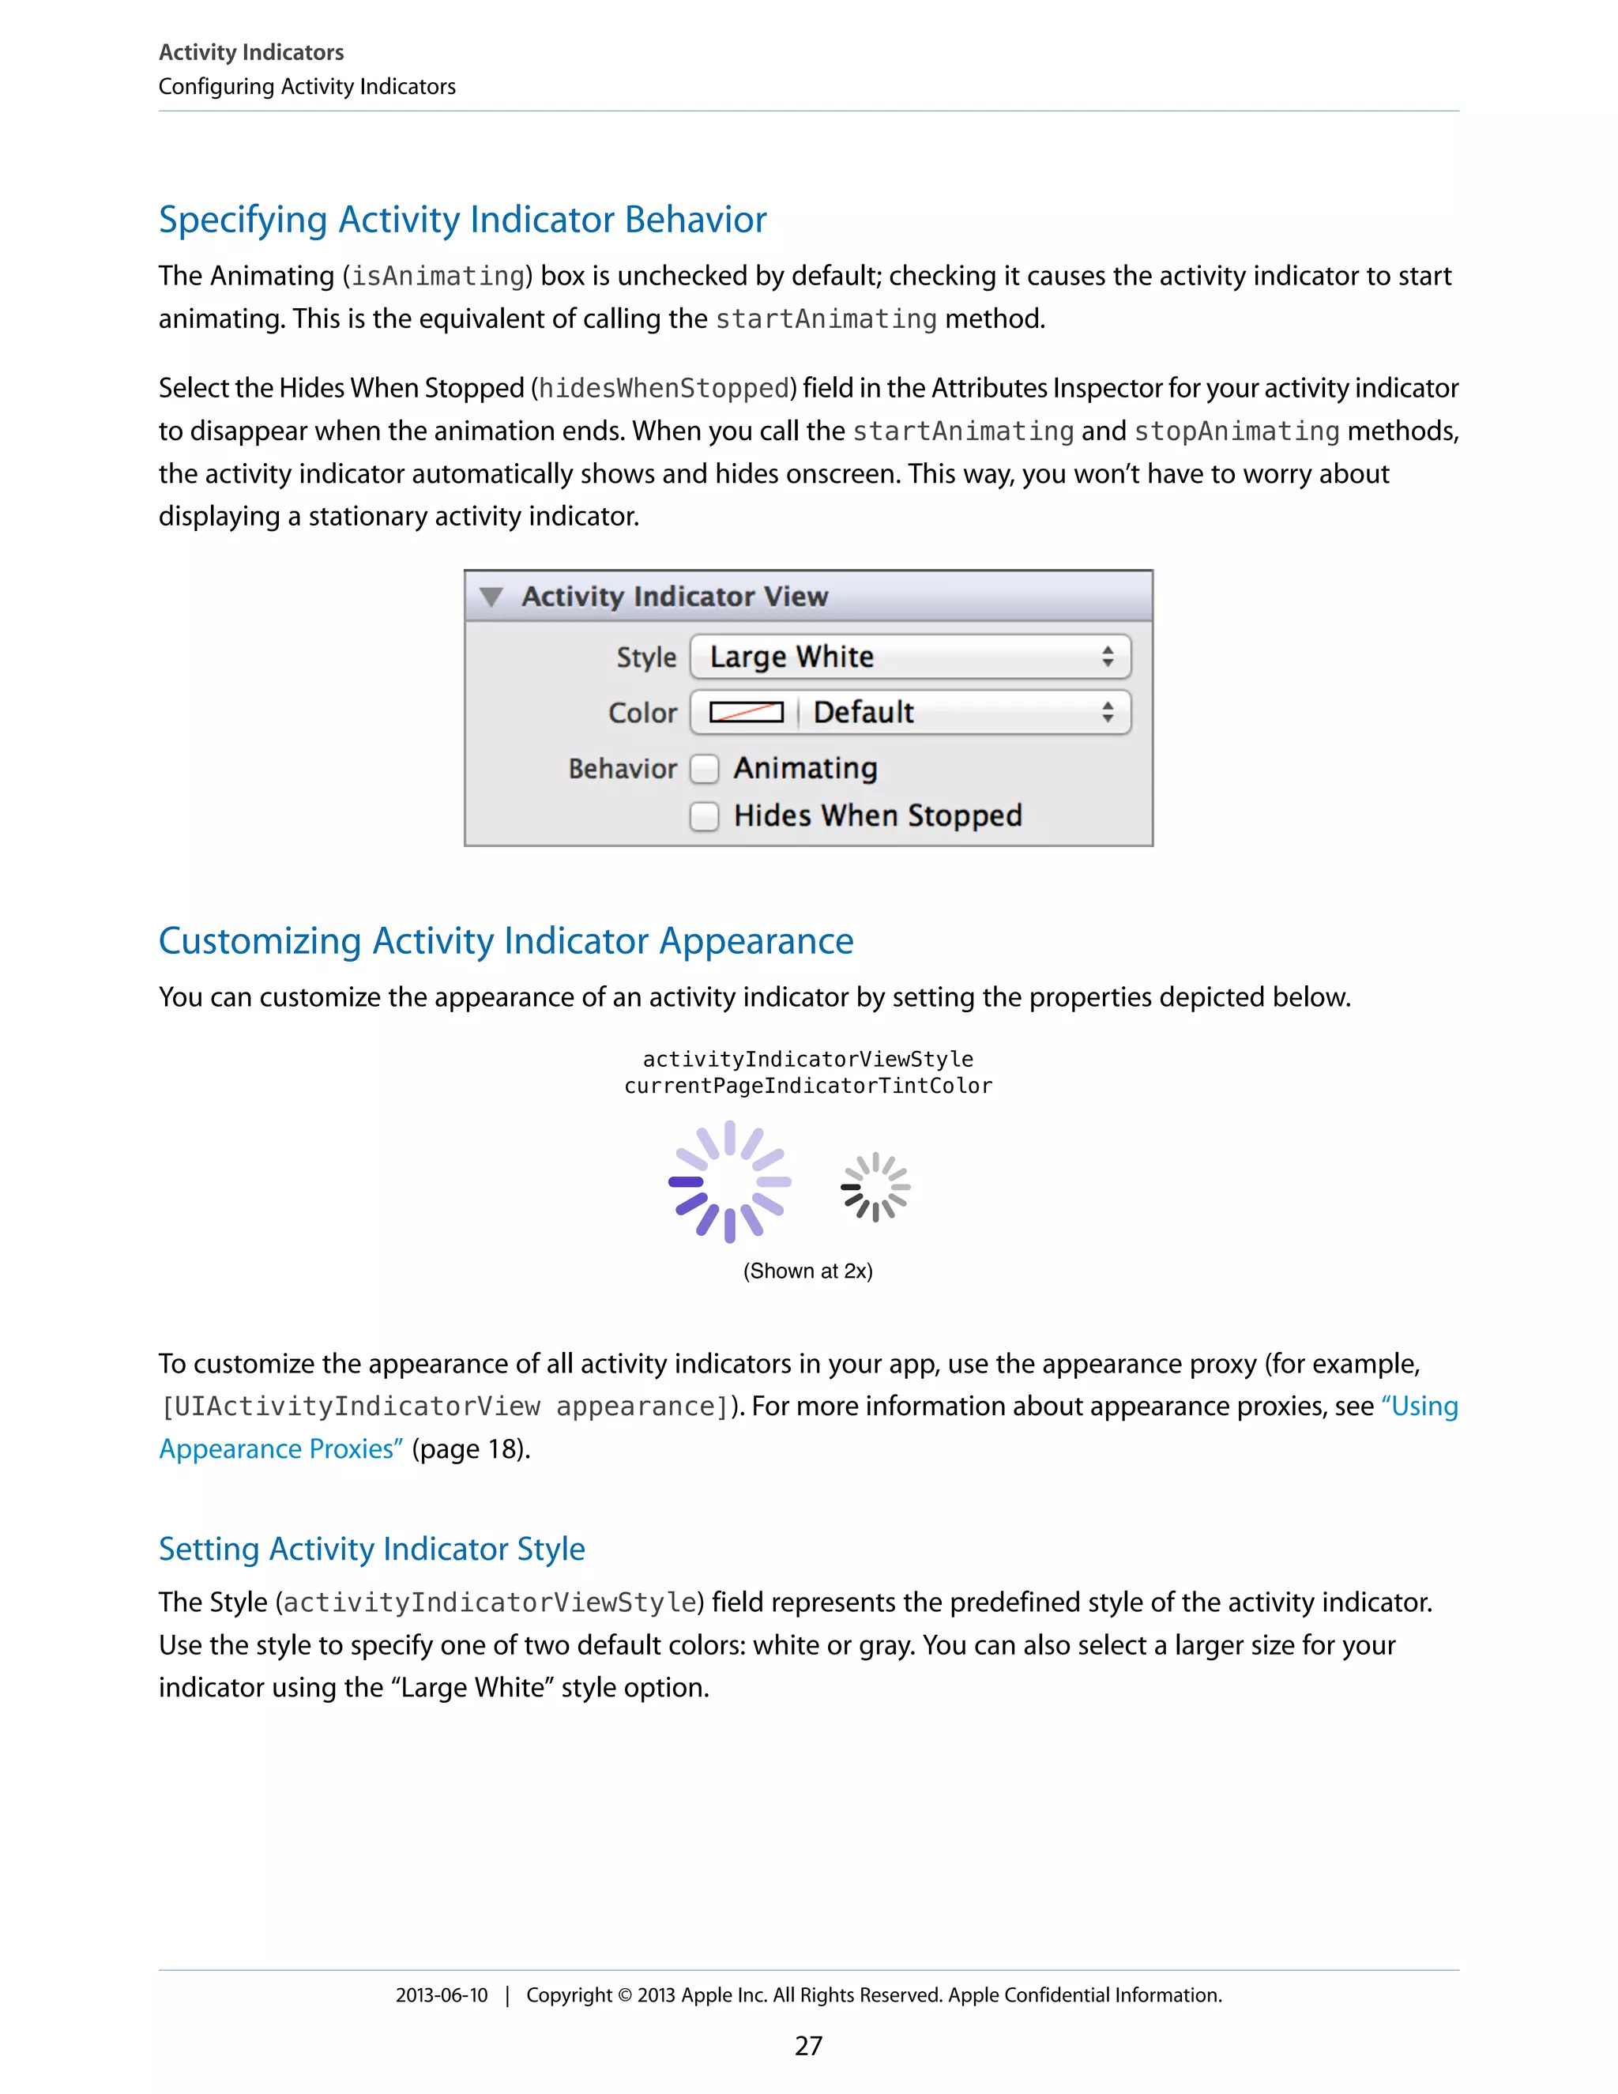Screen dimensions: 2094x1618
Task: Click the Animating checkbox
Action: click(705, 769)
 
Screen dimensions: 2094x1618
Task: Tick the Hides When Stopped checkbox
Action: click(705, 816)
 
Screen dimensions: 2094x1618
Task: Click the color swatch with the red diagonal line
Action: click(746, 713)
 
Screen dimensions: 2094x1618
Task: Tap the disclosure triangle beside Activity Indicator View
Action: click(491, 597)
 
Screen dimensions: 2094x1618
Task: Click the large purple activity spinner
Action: click(729, 1182)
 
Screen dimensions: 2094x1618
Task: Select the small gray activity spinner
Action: click(875, 1187)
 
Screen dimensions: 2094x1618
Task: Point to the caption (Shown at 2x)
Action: click(807, 1271)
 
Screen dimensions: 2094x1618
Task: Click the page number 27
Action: click(808, 2046)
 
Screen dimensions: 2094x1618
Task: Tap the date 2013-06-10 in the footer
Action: click(442, 1995)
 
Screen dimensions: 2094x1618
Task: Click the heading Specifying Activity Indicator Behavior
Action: click(462, 220)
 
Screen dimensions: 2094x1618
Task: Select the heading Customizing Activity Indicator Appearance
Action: click(505, 940)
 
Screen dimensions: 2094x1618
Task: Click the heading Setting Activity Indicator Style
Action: click(372, 1549)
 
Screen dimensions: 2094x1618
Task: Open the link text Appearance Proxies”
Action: click(280, 1448)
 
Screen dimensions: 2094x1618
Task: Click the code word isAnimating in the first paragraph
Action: click(438, 276)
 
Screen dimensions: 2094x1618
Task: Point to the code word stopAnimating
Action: click(1236, 431)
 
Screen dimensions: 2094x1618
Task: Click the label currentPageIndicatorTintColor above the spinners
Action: click(808, 1087)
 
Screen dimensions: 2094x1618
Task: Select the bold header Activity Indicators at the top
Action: click(251, 52)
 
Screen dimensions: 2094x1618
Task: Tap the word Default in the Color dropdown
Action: click(864, 713)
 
